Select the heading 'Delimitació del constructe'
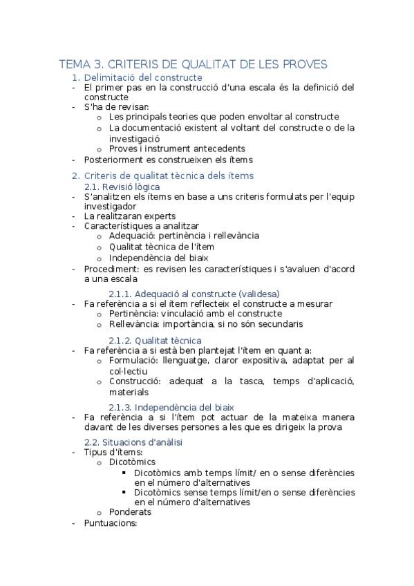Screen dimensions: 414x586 point(142,78)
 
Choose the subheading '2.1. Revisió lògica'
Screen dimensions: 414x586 point(122,187)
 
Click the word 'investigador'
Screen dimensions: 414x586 point(110,207)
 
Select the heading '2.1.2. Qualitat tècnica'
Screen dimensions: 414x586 point(155,340)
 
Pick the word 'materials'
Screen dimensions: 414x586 point(129,392)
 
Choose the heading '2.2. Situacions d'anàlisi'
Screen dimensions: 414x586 point(133,442)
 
